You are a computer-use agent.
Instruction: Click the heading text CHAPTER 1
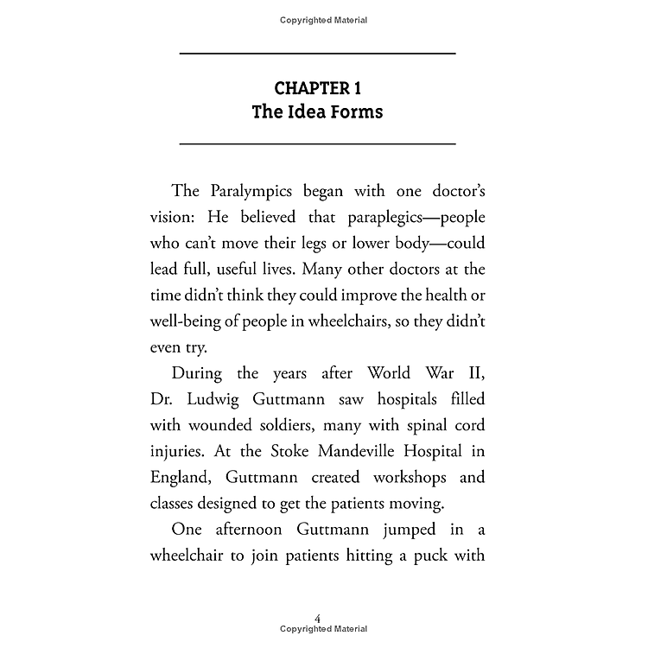pyautogui.click(x=317, y=87)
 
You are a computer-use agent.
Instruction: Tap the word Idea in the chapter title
pyautogui.click(x=317, y=112)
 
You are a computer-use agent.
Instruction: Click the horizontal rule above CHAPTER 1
pyautogui.click(x=317, y=54)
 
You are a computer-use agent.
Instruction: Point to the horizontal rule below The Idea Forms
pyautogui.click(x=317, y=143)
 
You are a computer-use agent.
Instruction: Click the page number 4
pyautogui.click(x=318, y=619)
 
